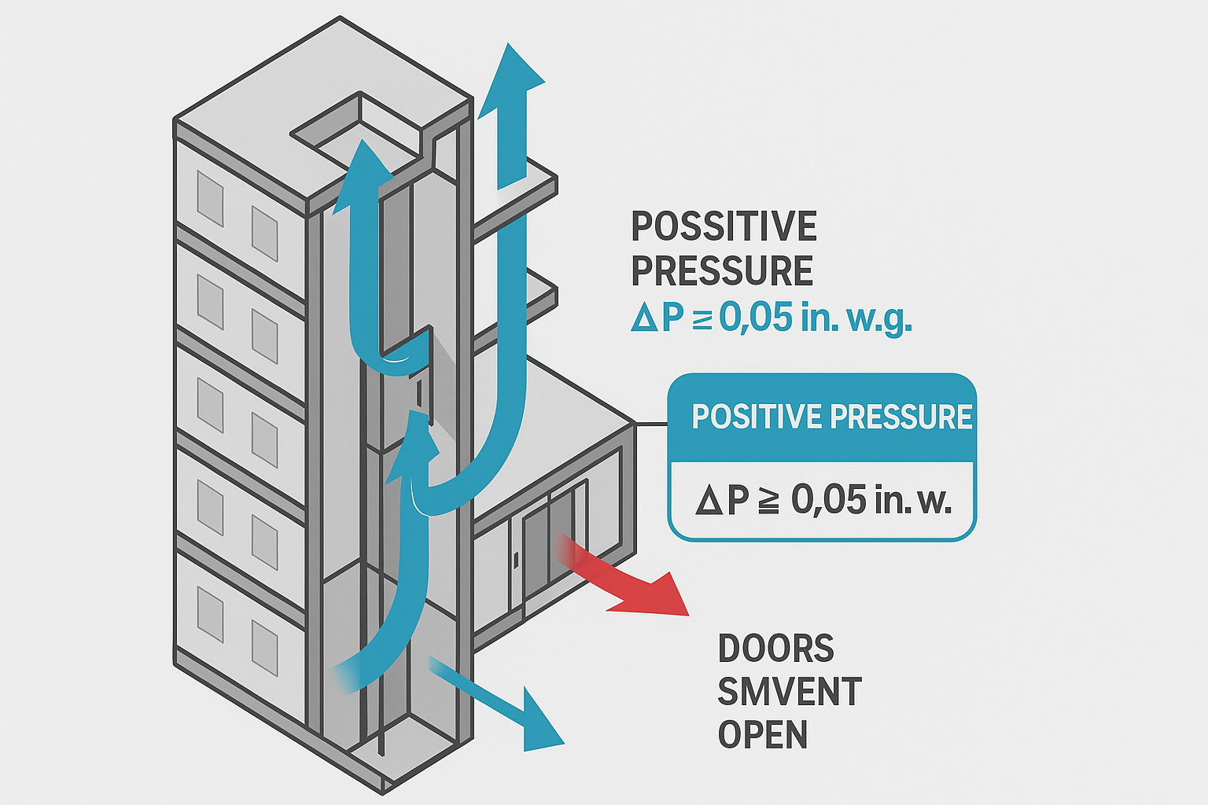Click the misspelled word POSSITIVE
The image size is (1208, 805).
pos(724,227)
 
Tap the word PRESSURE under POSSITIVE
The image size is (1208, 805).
pos(721,271)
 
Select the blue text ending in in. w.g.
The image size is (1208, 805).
pos(771,318)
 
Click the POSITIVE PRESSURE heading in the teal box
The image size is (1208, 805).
pos(831,417)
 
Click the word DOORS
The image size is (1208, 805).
pos(775,649)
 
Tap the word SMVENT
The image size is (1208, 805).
pos(789,692)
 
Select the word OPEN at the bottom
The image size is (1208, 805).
pos(762,735)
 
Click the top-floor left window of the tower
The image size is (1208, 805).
pos(210,199)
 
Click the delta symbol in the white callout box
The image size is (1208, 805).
pos(709,501)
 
